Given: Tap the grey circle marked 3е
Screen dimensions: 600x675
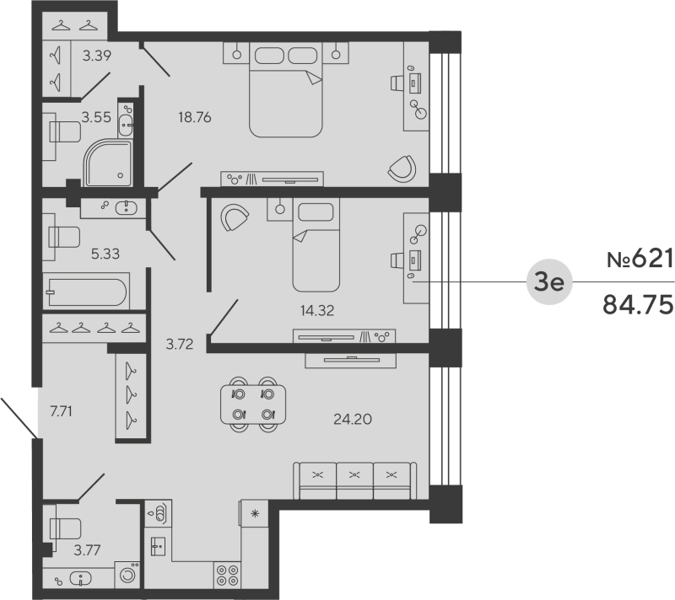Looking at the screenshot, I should (x=549, y=282).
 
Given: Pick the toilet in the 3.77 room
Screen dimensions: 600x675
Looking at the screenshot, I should (x=64, y=528).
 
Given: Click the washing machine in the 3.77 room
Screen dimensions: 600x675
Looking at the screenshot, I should (x=128, y=576).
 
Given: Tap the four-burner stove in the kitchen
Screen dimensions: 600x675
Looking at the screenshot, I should (x=227, y=575).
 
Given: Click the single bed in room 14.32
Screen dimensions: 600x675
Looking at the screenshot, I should (x=315, y=244).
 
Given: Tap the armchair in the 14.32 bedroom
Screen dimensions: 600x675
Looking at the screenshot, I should (x=235, y=218).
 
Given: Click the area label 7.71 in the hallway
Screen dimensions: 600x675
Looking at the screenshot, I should (x=62, y=412).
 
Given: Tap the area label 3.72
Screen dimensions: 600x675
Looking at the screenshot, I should (x=178, y=344).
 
